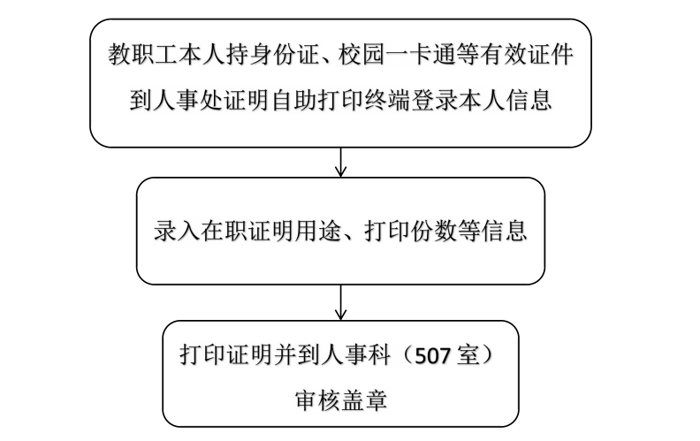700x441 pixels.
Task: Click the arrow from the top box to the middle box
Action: click(x=340, y=162)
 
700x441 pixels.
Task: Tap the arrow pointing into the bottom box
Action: click(x=340, y=304)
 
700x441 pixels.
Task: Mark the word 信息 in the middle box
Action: click(x=506, y=232)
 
